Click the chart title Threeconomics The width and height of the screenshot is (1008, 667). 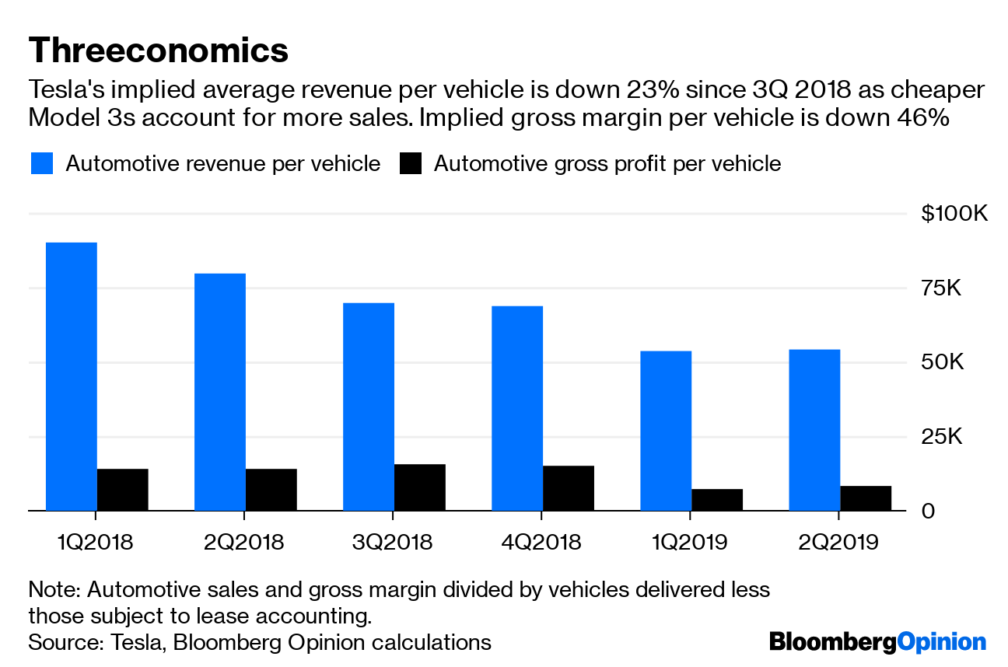[158, 51]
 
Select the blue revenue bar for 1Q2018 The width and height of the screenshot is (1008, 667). [72, 376]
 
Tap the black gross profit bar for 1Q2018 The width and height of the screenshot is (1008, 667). [122, 490]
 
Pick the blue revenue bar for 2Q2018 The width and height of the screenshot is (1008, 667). [220, 392]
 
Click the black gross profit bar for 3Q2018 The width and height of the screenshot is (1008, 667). [419, 487]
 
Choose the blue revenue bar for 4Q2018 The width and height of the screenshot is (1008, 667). [517, 408]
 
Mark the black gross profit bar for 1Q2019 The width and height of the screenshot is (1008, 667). [716, 500]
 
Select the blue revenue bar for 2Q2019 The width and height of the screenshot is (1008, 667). [814, 430]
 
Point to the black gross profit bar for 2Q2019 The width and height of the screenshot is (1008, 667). [865, 498]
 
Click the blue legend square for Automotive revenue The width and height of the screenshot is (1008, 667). [42, 164]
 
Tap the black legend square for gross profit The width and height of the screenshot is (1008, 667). [410, 164]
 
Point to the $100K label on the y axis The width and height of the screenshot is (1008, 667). [954, 214]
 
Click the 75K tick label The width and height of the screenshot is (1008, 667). [942, 288]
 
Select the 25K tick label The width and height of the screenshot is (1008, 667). [942, 437]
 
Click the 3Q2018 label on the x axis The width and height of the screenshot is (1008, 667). [393, 542]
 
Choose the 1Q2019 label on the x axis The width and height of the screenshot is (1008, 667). [690, 542]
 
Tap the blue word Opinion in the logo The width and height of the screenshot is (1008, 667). [940, 642]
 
